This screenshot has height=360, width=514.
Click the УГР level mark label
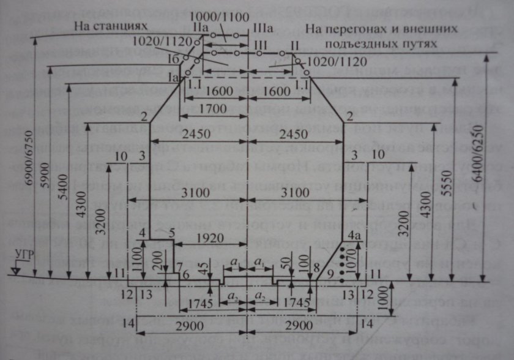(x=18, y=255)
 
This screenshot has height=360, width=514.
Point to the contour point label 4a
(x=353, y=234)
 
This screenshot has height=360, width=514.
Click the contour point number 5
(x=172, y=233)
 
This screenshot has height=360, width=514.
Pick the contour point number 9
(x=330, y=272)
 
